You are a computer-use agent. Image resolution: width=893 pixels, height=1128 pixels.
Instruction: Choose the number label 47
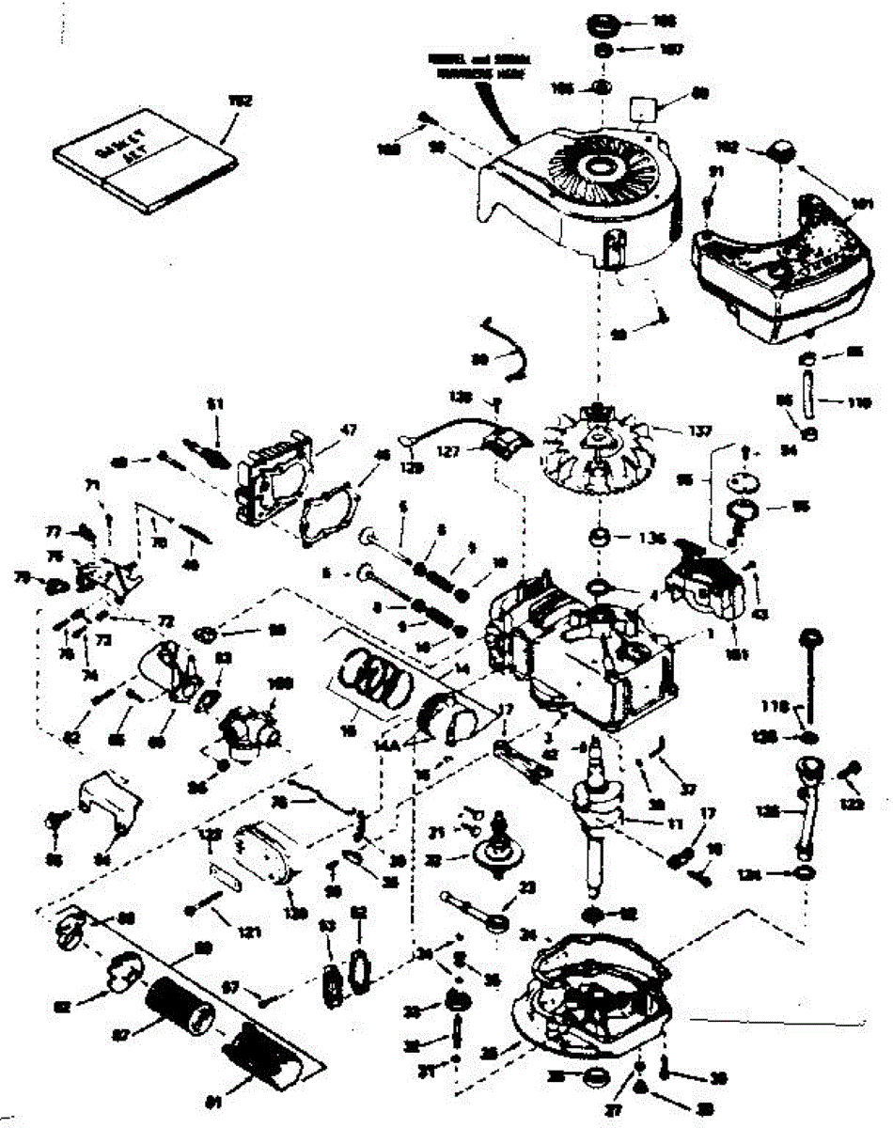(x=349, y=430)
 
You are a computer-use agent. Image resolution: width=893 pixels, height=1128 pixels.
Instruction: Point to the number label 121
(x=247, y=932)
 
